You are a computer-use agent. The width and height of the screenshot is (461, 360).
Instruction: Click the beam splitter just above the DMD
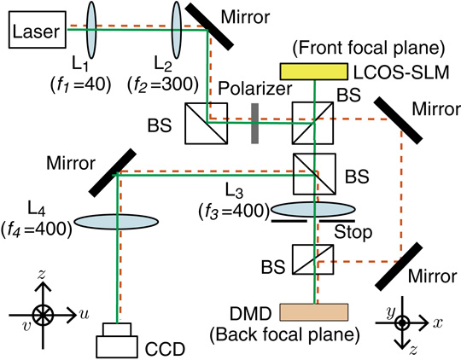[x=316, y=260]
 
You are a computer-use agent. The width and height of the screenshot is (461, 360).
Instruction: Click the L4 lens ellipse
[x=115, y=222]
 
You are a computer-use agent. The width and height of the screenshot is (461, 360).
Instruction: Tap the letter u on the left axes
[x=84, y=313]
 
